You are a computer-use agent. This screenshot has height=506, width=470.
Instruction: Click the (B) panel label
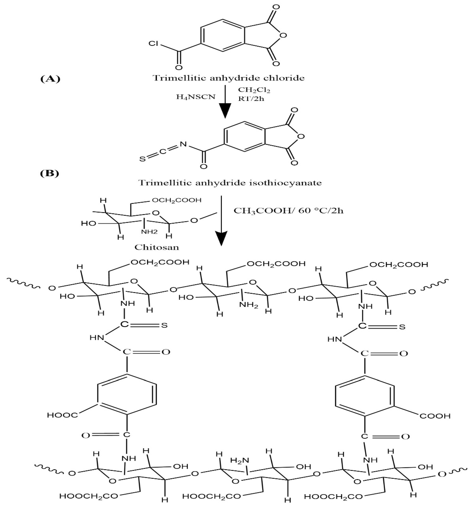[x=50, y=173]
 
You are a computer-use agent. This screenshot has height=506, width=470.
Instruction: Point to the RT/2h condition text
[x=251, y=99]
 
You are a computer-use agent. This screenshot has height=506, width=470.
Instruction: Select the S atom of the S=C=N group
[x=143, y=159]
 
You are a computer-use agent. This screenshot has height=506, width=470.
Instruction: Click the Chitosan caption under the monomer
[x=157, y=247]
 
